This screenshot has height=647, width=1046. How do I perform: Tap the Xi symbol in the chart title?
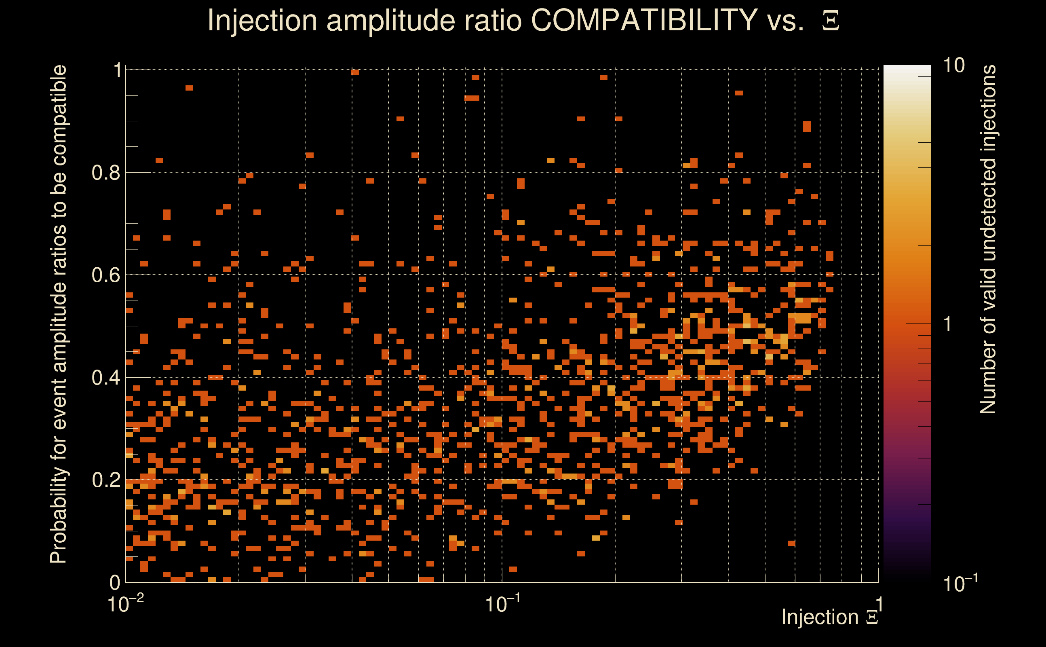pos(831,21)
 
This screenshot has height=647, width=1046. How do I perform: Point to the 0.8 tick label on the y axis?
pos(106,173)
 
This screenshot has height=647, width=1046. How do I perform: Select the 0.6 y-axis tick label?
pos(106,275)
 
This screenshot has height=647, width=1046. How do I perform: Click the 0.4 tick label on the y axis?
pos(106,378)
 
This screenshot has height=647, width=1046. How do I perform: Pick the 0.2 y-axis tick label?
pos(106,480)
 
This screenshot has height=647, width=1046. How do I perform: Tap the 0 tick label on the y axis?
pos(115,582)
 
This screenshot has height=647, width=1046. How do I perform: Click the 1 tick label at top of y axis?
pos(118,71)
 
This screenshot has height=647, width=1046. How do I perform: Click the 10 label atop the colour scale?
pos(953,66)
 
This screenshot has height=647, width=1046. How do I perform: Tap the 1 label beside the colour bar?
pos(948,324)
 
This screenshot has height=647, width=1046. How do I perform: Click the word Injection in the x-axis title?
pos(820,617)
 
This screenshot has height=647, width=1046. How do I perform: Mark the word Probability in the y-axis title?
pos(59,516)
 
